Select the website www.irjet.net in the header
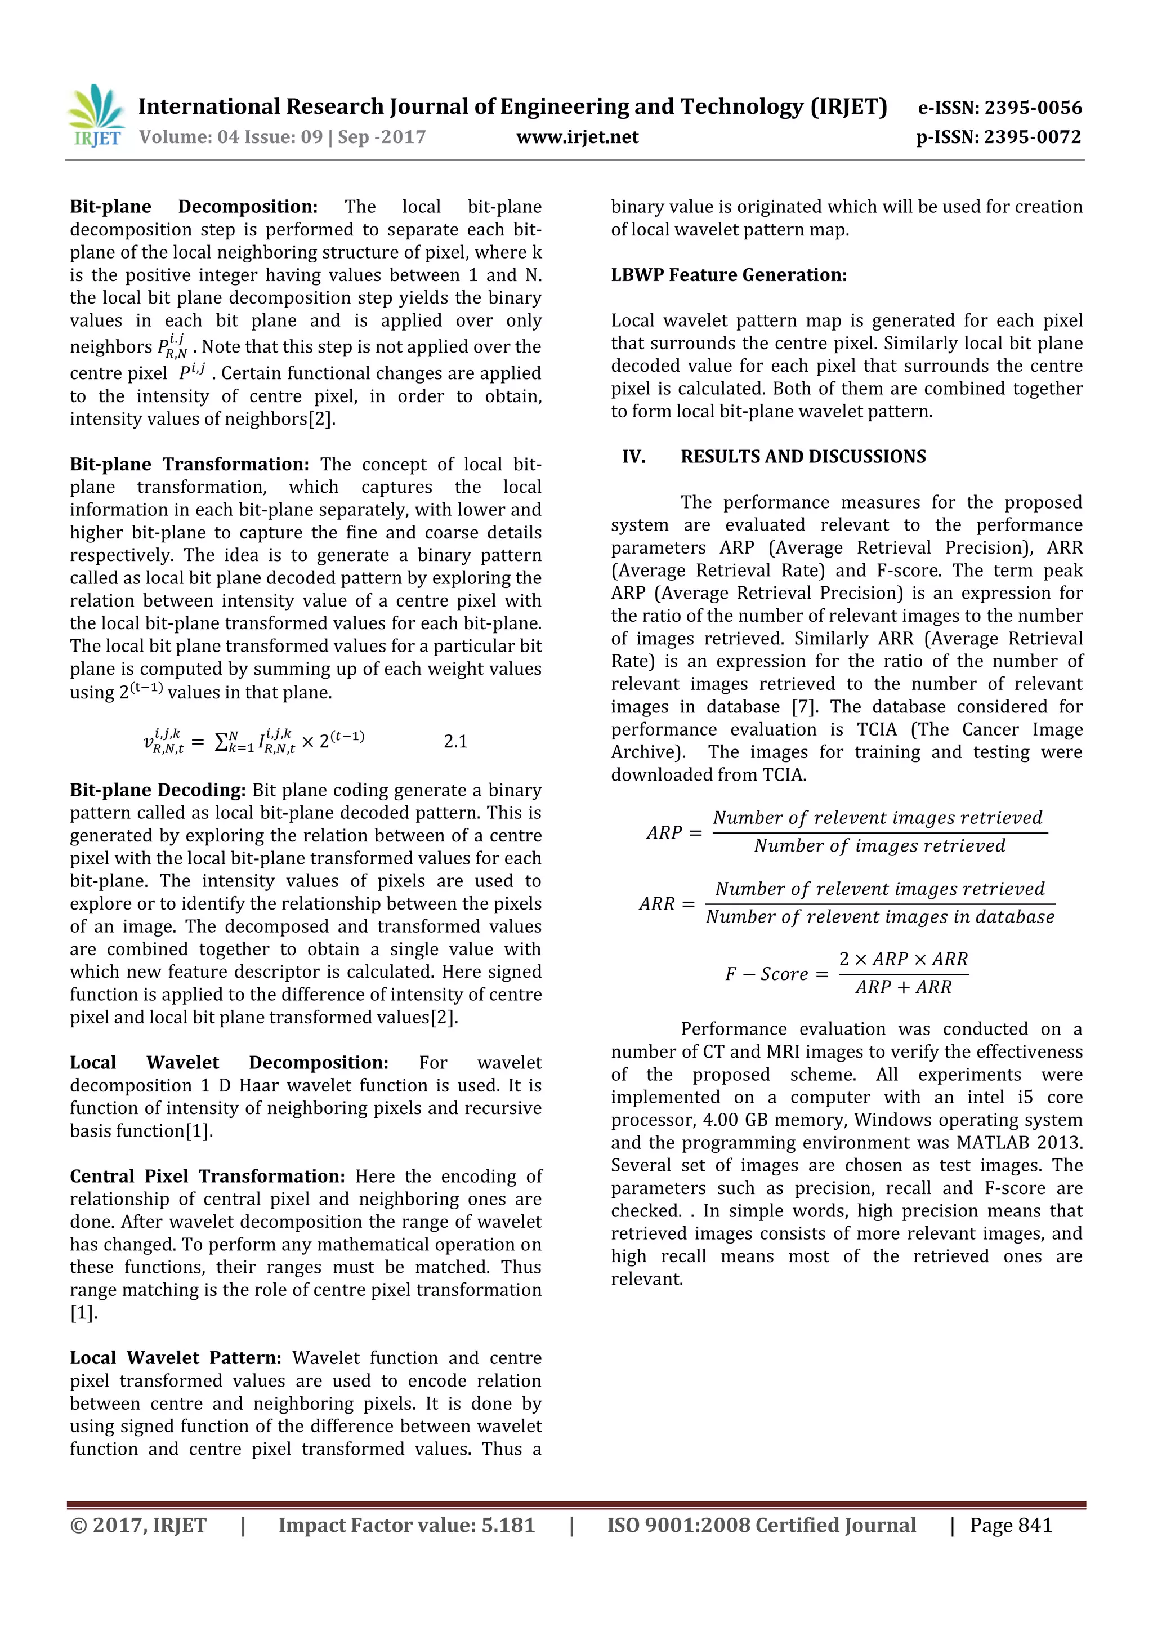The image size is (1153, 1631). (577, 137)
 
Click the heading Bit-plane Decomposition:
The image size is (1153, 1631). (193, 207)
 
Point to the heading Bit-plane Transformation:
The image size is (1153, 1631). (189, 465)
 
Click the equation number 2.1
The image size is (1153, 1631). (455, 741)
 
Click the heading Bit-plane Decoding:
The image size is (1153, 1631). (158, 790)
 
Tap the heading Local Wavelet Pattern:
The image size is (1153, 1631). (175, 1358)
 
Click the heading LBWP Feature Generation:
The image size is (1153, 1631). (729, 275)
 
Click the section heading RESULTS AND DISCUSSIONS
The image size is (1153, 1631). (803, 457)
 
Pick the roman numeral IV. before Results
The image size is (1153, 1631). (633, 457)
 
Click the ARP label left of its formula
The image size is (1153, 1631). (664, 832)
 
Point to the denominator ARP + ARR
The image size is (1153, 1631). (902, 987)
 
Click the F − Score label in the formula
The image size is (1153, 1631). (766, 974)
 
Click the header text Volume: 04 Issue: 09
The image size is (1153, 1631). (231, 137)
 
